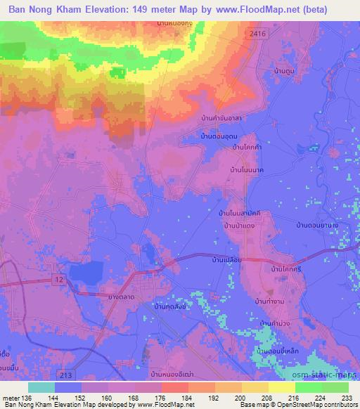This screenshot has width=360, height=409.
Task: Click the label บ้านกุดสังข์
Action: pyautogui.click(x=171, y=307)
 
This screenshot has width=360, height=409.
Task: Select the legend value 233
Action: pyautogui.click(x=347, y=398)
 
